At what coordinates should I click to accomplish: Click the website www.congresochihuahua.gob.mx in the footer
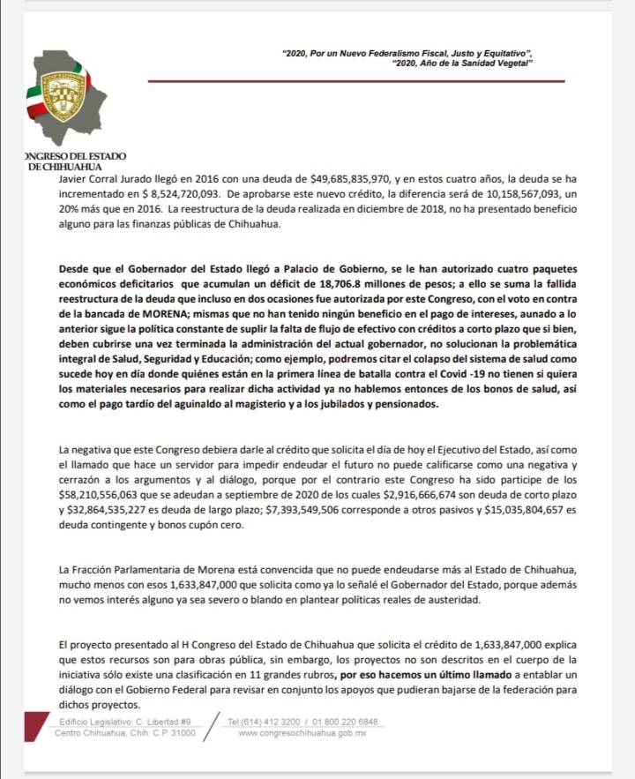[x=303, y=733]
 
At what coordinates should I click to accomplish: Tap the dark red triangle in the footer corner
[x=35, y=725]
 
